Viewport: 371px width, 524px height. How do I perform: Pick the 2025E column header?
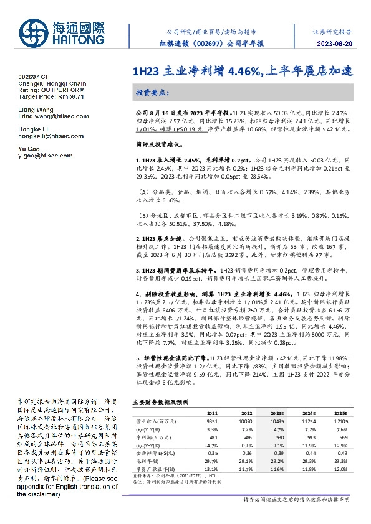coord(340,412)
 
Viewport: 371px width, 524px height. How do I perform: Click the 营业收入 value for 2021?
coord(213,420)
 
